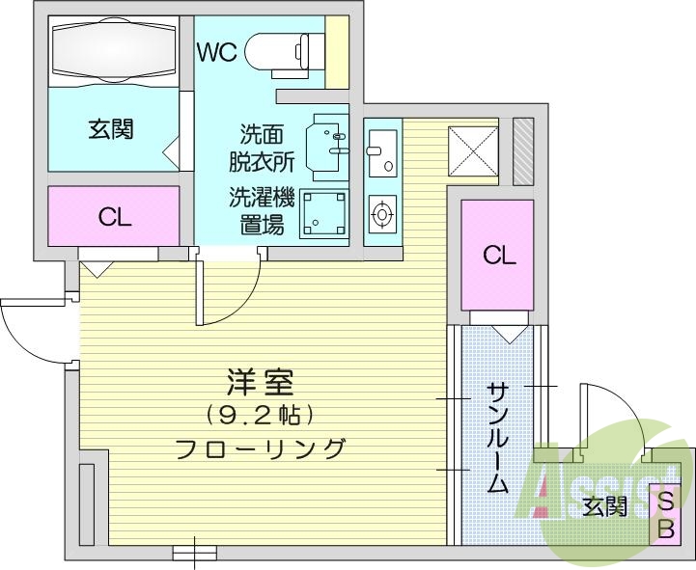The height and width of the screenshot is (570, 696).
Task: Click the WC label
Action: pos(217,52)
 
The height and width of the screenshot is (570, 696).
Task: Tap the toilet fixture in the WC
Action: pos(284,50)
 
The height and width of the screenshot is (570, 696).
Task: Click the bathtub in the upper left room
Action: pos(114,49)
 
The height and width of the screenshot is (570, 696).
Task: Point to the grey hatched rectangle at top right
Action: pos(522,151)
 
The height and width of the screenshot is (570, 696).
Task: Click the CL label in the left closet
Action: pos(115,218)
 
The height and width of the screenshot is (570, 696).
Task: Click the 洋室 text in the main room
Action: pos(260,384)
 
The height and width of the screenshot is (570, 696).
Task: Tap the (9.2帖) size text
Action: pos(259,416)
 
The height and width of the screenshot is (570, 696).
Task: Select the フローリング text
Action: pos(259,448)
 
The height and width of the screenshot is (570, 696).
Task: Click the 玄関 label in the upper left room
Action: pos(111,129)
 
